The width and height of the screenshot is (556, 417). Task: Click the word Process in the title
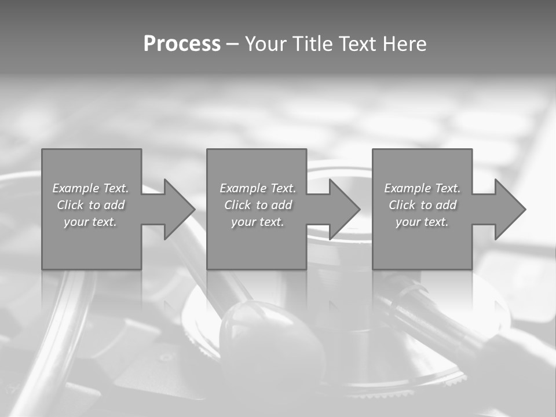(x=182, y=44)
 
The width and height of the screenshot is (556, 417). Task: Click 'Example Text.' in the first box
(x=91, y=188)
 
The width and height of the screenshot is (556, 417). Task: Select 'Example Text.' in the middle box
(x=258, y=188)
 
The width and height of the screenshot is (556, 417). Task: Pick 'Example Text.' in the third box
(x=422, y=188)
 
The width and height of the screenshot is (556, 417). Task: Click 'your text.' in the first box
(x=90, y=222)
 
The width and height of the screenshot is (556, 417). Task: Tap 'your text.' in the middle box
(x=258, y=222)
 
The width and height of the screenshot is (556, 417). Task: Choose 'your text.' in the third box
(x=422, y=222)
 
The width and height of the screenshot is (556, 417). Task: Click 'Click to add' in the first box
(x=91, y=205)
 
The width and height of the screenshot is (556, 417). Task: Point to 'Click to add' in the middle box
(x=258, y=205)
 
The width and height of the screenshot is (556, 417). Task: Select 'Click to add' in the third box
(x=422, y=205)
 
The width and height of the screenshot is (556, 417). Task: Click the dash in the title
(x=232, y=45)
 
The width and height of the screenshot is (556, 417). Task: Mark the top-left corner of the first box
(x=42, y=149)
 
